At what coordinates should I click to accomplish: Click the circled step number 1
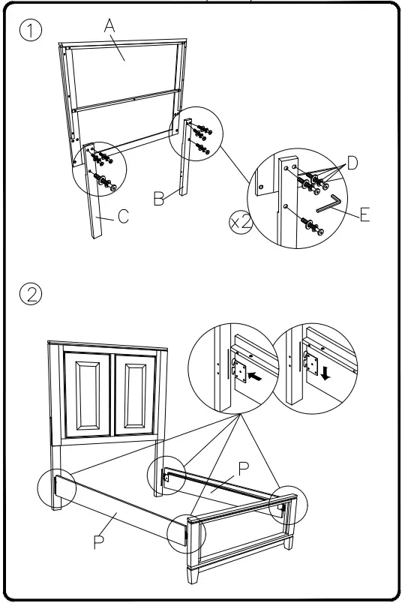(x=31, y=31)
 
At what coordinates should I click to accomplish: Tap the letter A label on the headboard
(x=110, y=26)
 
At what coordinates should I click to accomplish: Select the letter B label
(x=158, y=198)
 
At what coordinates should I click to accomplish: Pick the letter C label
(x=124, y=218)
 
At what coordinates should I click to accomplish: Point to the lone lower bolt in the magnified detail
(x=310, y=226)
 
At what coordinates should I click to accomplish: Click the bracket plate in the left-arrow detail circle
(x=239, y=369)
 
